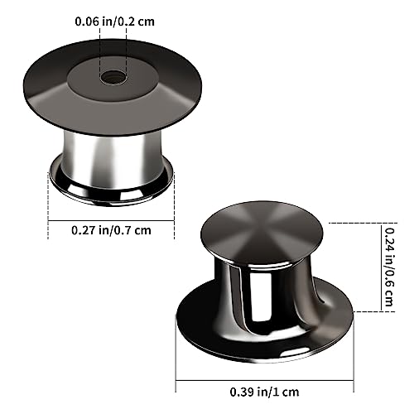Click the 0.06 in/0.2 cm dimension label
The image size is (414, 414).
pyautogui.click(x=114, y=22)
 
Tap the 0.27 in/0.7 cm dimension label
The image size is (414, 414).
pyautogui.click(x=111, y=230)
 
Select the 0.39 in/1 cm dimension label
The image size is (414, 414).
pyautogui.click(x=264, y=392)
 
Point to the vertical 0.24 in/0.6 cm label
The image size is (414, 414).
pyautogui.click(x=388, y=267)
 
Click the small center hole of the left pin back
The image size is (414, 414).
pyautogui.click(x=113, y=76)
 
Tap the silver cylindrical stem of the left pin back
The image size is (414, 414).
pyautogui.click(x=111, y=160)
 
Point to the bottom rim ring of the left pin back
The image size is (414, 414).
pyautogui.click(x=111, y=193)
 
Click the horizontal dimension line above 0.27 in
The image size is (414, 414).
pyautogui.click(x=111, y=220)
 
